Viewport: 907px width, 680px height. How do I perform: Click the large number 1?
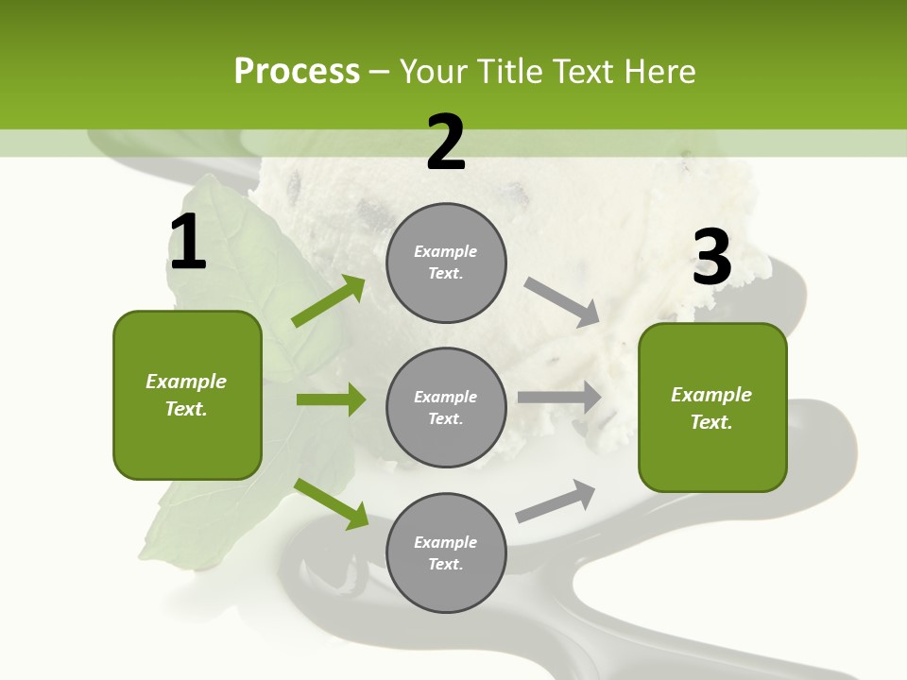click(x=187, y=243)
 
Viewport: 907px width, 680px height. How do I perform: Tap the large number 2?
click(x=446, y=143)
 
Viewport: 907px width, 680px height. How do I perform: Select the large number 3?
click(x=711, y=258)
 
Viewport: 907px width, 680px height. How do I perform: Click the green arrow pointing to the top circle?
click(x=328, y=301)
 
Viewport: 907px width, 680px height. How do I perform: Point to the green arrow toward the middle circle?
click(x=331, y=399)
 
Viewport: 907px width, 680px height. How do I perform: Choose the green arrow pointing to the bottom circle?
click(x=331, y=503)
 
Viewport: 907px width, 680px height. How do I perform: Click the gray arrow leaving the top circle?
click(x=562, y=301)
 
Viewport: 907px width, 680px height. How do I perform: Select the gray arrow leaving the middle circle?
click(x=559, y=398)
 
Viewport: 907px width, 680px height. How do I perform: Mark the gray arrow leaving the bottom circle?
click(x=556, y=501)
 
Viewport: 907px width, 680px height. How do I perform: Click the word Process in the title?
click(x=297, y=71)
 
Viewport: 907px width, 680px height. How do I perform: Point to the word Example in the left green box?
click(x=186, y=382)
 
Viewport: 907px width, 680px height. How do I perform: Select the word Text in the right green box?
click(x=710, y=422)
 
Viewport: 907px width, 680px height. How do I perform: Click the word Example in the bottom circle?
click(x=446, y=542)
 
